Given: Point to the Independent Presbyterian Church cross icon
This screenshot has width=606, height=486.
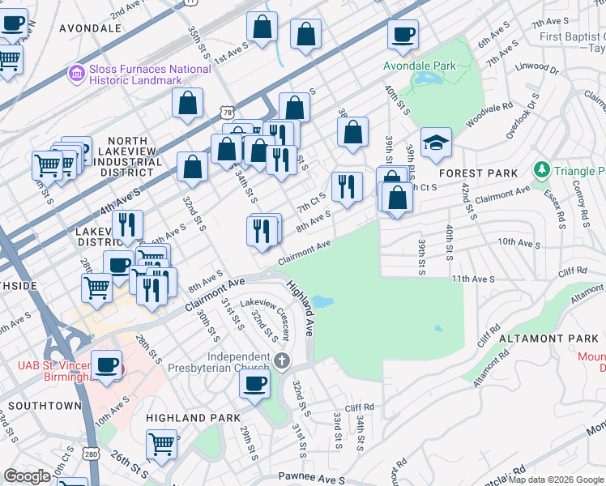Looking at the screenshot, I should [x=281, y=360].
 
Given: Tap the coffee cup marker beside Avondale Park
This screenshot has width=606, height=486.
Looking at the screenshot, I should [x=403, y=35].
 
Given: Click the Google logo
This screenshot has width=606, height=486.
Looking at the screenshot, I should [x=27, y=476].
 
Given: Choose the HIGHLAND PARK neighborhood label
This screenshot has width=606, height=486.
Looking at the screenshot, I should [x=193, y=417].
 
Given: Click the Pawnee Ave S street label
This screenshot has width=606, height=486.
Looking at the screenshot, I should [x=312, y=480].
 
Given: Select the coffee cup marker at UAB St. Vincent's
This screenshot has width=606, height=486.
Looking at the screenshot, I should [x=107, y=364].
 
